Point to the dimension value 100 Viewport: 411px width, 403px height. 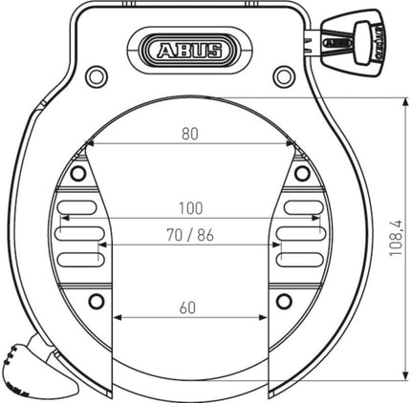click(190, 207)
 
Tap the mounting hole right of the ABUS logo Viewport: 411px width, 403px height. click(281, 76)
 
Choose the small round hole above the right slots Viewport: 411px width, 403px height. click(303, 173)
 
